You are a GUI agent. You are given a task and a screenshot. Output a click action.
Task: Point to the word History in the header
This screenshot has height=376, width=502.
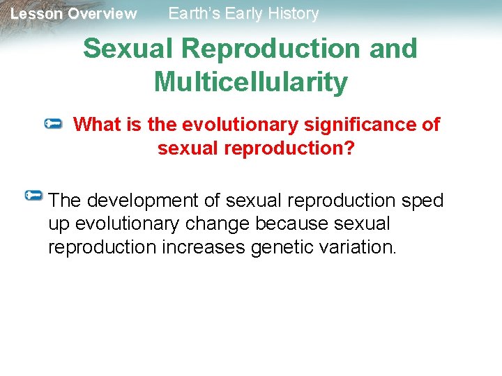click(291, 13)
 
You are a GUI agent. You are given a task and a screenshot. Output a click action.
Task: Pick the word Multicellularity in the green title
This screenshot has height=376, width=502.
click(250, 81)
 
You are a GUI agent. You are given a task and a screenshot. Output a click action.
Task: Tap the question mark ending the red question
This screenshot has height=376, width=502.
click(349, 148)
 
